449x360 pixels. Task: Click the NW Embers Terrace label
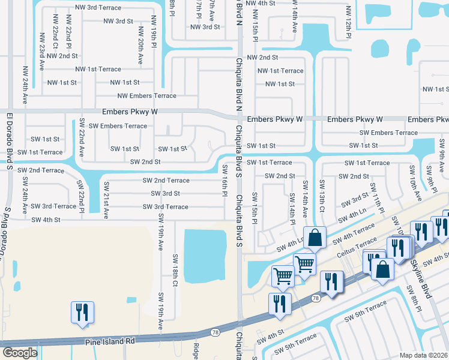147,95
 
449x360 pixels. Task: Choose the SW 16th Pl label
225,181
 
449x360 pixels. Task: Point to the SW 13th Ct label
322,196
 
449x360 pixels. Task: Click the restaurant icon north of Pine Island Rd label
80,313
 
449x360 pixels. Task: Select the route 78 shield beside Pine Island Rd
214,332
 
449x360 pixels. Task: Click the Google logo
20,353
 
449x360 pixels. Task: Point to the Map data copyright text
423,355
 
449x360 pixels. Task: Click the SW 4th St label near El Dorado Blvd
46,220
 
